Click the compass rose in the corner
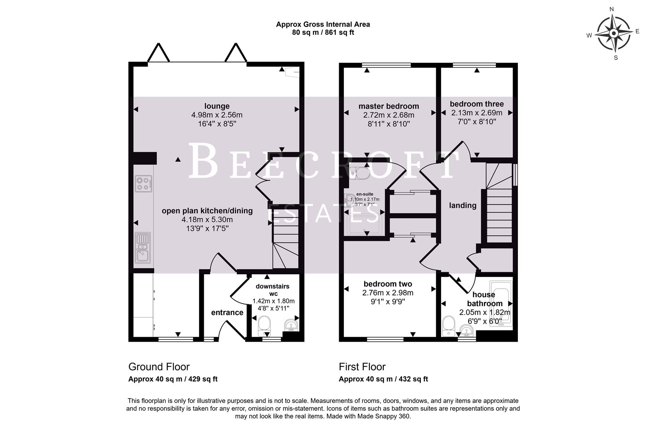click(x=615, y=33)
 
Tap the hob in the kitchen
click(x=143, y=184)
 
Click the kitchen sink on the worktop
click(x=142, y=248)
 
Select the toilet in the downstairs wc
click(x=264, y=326)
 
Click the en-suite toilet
click(x=361, y=173)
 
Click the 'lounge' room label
click(x=217, y=106)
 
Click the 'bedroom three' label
click(x=476, y=104)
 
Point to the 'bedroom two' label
click(x=388, y=284)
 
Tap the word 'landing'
click(x=463, y=205)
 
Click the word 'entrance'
click(x=227, y=313)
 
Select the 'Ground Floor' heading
click(x=159, y=367)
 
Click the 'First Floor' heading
click(x=362, y=367)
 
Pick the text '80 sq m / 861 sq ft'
click(x=323, y=33)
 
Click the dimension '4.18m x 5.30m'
click(x=207, y=220)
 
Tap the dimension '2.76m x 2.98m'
click(x=388, y=293)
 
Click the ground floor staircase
click(x=285, y=243)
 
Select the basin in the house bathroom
click(x=466, y=330)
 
